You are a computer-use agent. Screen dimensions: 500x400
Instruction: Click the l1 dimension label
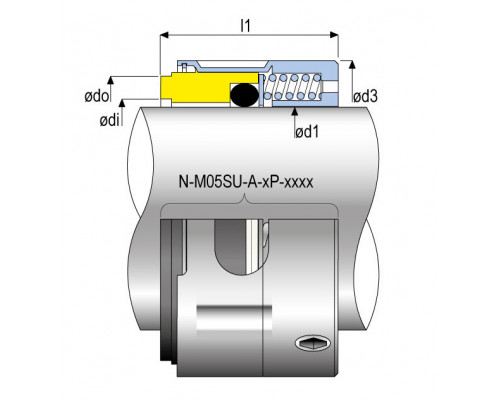click(x=245, y=25)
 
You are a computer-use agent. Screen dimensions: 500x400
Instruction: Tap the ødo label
click(x=96, y=96)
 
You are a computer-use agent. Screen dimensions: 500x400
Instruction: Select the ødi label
click(x=109, y=120)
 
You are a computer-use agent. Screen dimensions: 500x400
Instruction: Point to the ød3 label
click(x=365, y=96)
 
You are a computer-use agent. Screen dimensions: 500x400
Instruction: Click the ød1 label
click(x=307, y=132)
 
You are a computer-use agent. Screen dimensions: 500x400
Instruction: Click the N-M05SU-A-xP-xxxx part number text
click(x=246, y=182)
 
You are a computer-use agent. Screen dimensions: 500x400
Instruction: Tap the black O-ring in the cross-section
click(x=244, y=95)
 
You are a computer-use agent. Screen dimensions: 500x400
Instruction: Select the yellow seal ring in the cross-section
click(x=209, y=87)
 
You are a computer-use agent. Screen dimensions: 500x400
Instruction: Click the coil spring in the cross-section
click(x=293, y=87)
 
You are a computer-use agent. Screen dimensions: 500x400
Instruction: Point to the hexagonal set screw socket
click(x=313, y=343)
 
